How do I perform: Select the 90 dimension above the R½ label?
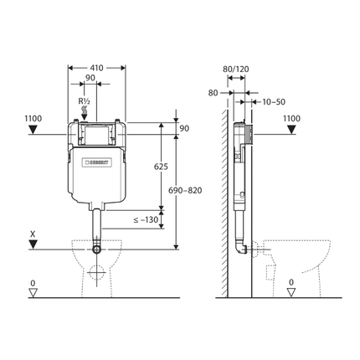click(x=90, y=77)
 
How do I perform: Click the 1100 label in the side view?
click(x=291, y=119)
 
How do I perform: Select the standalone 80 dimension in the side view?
click(x=213, y=93)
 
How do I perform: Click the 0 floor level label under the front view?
click(x=33, y=282)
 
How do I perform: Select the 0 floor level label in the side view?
click(x=291, y=282)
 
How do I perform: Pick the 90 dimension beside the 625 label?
click(x=185, y=127)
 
